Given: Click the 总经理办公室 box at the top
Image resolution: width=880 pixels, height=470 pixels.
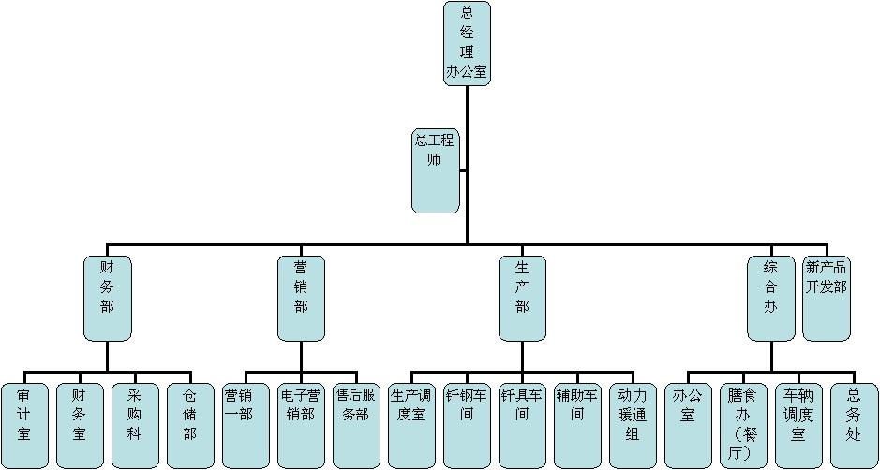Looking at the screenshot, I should (x=467, y=43).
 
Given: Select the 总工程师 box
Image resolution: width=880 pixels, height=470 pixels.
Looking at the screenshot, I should (x=436, y=170).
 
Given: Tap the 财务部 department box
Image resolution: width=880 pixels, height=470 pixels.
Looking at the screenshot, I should (x=107, y=298).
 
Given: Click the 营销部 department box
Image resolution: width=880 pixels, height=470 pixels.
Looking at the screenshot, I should (x=301, y=298).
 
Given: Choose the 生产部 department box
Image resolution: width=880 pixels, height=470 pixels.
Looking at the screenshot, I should (x=522, y=298).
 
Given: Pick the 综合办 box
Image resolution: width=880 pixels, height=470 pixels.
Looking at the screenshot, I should (x=770, y=298).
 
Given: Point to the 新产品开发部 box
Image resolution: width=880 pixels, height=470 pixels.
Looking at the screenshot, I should (x=827, y=298).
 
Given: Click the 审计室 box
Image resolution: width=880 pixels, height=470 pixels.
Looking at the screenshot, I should (x=24, y=425).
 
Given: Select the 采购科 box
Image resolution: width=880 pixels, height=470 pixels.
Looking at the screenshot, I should (x=135, y=425).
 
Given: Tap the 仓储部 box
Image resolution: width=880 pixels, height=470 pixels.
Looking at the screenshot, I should (x=190, y=425).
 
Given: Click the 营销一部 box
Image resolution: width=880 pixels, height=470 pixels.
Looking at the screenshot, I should (x=246, y=425).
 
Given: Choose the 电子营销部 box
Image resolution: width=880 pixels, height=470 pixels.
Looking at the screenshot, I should (x=301, y=425).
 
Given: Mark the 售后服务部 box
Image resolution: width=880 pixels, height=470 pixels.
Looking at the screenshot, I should (x=357, y=425).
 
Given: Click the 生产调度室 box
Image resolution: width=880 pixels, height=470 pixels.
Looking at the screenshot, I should (x=411, y=425).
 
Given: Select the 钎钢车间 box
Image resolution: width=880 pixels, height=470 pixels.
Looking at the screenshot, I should (x=467, y=425).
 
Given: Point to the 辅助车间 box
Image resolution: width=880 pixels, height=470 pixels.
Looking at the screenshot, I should (x=577, y=425).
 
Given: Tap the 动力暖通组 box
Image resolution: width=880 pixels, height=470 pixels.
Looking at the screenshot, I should (x=633, y=425).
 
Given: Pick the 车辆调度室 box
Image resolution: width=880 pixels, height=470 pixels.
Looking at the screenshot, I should (x=798, y=425).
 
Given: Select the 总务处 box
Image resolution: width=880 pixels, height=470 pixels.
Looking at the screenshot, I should (x=854, y=425).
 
